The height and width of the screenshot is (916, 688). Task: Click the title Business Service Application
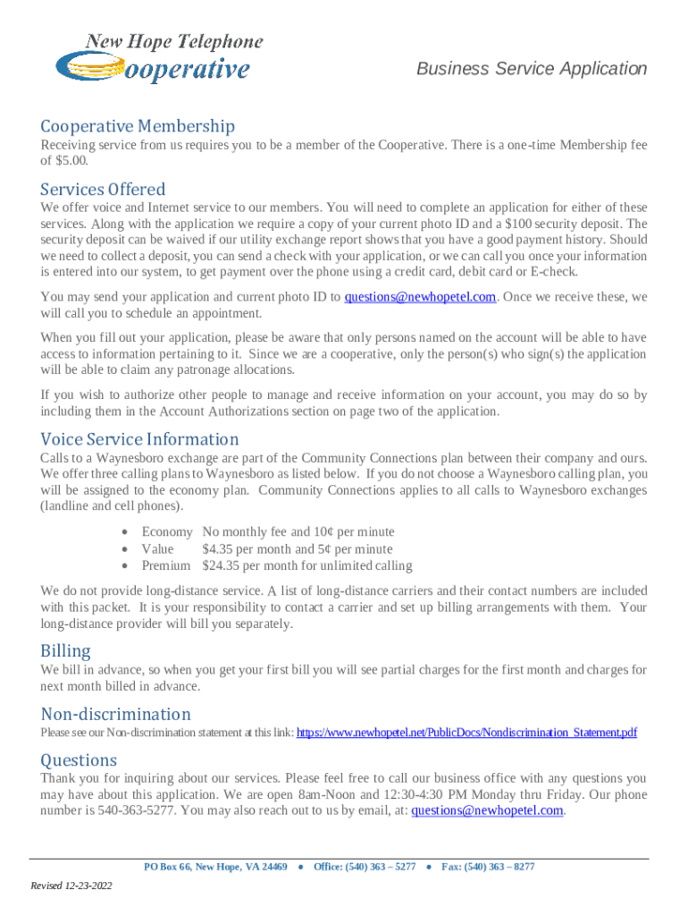[532, 69]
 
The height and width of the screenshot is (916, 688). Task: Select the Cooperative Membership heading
[138, 127]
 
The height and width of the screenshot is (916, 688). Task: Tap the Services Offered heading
[103, 190]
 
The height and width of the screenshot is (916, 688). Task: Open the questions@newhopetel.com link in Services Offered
[420, 297]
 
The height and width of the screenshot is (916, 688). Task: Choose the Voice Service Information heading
[139, 439]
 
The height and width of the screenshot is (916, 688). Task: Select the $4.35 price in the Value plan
[219, 549]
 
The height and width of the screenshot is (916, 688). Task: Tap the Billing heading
[65, 650]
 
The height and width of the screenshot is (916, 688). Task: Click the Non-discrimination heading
[115, 714]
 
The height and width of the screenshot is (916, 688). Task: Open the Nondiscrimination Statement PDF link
[466, 733]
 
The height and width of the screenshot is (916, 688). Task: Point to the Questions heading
[79, 759]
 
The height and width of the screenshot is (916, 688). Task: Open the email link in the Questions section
[487, 811]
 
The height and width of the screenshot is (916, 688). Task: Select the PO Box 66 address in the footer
[215, 867]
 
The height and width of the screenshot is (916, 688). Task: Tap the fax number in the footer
[488, 867]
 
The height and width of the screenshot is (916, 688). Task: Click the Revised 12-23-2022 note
[71, 886]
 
